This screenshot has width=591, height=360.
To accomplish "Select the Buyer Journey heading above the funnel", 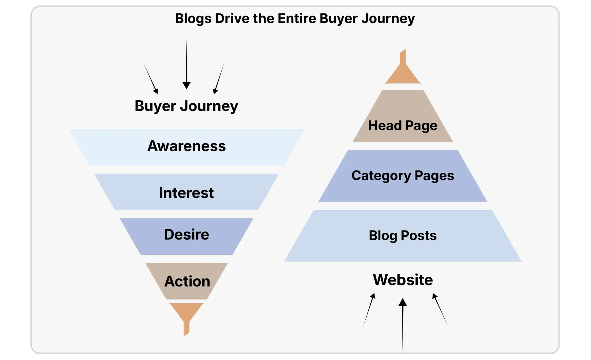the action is click(x=186, y=106).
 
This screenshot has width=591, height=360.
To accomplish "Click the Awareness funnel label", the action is click(x=187, y=146).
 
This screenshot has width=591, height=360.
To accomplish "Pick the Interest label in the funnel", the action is click(x=186, y=193).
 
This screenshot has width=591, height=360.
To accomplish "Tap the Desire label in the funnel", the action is click(x=186, y=234).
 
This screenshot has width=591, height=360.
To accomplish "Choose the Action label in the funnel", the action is click(x=187, y=281).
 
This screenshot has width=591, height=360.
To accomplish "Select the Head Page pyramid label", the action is click(x=403, y=126).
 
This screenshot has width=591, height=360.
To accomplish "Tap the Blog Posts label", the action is click(x=403, y=236).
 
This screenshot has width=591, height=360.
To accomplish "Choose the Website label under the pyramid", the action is click(x=403, y=280).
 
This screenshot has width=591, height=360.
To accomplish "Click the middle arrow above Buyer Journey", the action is click(x=186, y=64).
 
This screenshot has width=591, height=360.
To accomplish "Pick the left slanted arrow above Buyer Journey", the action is click(x=151, y=79).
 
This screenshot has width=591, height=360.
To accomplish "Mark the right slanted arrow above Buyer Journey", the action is click(x=219, y=78).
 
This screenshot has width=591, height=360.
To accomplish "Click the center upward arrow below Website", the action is click(x=403, y=324).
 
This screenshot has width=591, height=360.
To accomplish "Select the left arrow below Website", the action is click(x=369, y=310).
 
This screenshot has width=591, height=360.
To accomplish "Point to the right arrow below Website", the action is click(x=440, y=309).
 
